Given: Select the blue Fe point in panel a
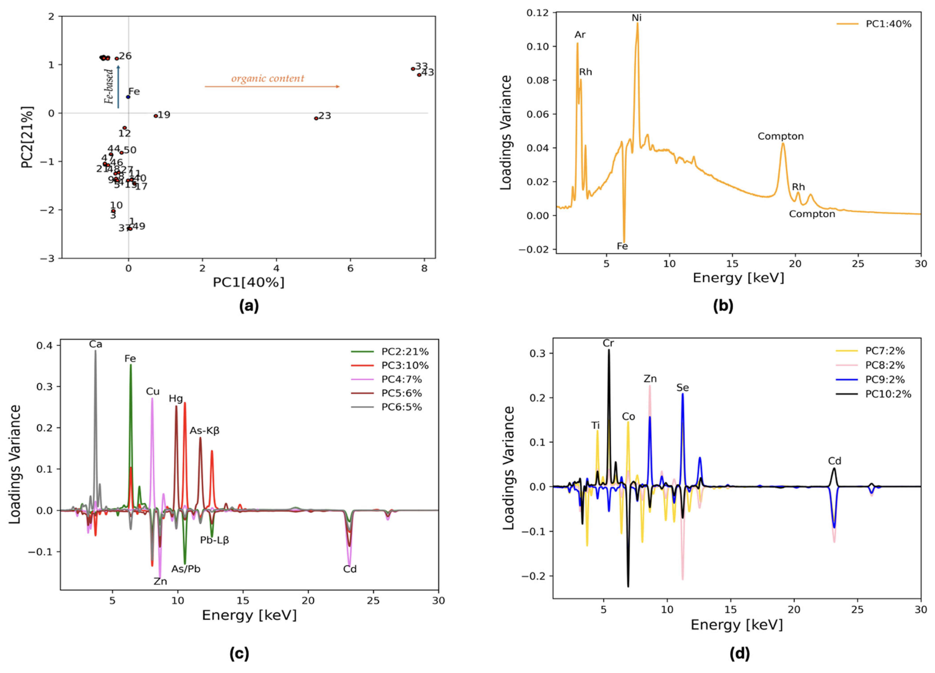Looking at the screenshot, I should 128,97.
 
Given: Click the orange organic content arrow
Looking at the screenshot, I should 272,87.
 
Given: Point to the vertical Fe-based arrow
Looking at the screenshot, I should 118,87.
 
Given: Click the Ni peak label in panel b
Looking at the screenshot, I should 637,18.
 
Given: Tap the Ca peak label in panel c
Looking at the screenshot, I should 96,344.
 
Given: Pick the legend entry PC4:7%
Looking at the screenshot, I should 401,379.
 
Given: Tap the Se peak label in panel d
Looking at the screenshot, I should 682,388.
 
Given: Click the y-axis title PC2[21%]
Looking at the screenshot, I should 27,137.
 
